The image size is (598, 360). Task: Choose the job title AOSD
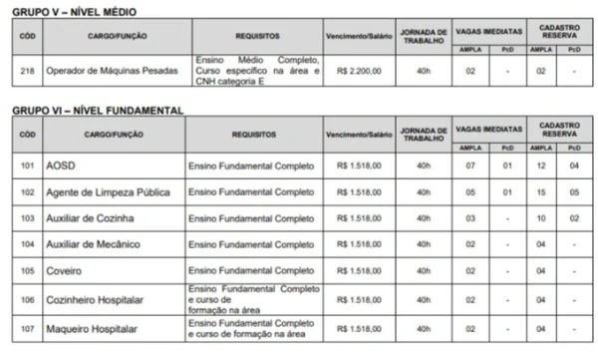[61, 166]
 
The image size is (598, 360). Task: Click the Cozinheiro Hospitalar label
[100, 297]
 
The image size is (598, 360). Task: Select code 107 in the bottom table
[27, 327]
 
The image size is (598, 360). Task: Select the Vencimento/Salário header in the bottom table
[359, 133]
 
